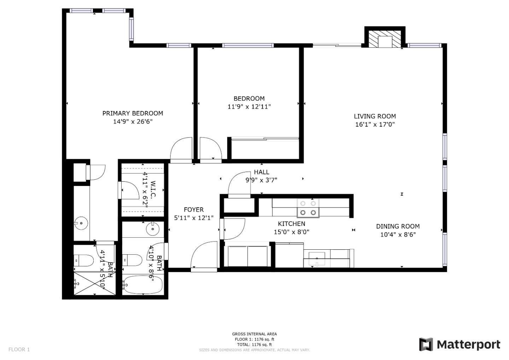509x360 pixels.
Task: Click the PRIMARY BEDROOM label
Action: coord(133,113)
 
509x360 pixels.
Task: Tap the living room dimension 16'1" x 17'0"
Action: coord(375,124)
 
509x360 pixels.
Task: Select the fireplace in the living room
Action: coord(385,39)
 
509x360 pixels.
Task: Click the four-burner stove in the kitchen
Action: coord(308,208)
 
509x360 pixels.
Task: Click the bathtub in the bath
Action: coord(143,284)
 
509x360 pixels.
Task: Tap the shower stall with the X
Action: coord(94,283)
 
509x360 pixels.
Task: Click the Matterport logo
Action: coord(460,344)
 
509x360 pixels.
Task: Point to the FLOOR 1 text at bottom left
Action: coord(19,349)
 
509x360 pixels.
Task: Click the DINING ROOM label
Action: coord(398,226)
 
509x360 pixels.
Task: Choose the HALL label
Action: coord(261,172)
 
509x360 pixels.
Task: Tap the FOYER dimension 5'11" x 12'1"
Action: coord(194,218)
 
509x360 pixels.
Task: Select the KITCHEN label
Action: coord(291,224)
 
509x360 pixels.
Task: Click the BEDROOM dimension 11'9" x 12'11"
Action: coord(249,106)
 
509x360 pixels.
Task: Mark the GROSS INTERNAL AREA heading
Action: coord(254,334)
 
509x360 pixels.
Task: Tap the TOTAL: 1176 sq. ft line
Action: coord(254,344)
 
